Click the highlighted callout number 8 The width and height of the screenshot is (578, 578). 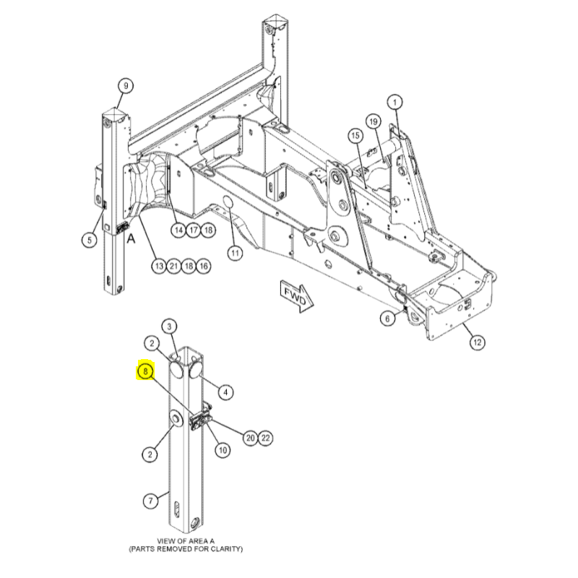tap(146, 371)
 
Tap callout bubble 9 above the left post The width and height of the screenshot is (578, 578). tap(126, 86)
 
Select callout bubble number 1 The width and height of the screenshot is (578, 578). tap(394, 102)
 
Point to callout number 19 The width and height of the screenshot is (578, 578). tap(373, 121)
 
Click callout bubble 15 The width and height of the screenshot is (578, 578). tap(355, 136)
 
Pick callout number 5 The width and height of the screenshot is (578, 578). tap(89, 240)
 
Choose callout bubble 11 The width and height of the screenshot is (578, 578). tap(235, 254)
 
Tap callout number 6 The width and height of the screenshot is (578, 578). tap(387, 318)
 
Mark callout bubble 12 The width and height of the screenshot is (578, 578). tap(477, 342)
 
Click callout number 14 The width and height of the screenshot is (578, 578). tap(178, 230)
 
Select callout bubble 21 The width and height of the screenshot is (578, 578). tap(173, 266)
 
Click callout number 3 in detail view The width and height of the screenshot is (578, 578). tap(169, 327)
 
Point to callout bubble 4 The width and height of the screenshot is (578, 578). tap(225, 392)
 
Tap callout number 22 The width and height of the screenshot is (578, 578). tap(265, 438)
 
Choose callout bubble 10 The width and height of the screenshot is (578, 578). tap(223, 450)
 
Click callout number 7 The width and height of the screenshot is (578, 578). tap(150, 501)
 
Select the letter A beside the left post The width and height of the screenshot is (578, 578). tap(131, 239)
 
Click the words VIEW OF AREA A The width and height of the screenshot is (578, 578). tap(186, 541)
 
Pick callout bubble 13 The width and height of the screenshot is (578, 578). tap(159, 266)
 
